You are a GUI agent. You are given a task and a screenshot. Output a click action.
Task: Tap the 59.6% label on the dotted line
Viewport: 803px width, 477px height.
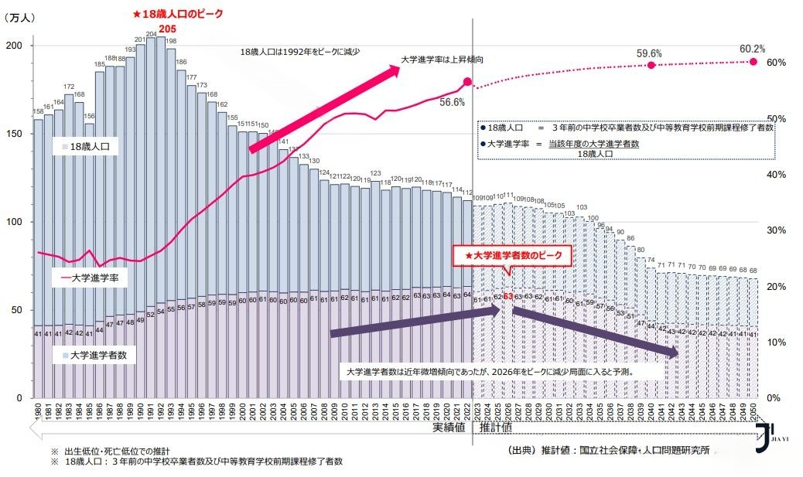click(649, 53)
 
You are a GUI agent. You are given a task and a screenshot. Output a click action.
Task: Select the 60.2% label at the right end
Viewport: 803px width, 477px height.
click(752, 49)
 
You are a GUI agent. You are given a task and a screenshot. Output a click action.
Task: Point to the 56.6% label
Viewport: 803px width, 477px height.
click(452, 101)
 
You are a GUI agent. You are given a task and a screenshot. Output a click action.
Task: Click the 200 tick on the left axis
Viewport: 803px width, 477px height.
click(14, 46)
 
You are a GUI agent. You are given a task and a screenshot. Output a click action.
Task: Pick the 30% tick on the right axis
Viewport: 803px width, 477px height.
click(777, 230)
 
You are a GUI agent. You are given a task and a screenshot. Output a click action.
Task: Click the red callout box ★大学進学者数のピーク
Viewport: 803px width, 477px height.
click(511, 255)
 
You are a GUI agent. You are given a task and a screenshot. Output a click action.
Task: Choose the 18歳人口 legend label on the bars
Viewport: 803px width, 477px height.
click(89, 146)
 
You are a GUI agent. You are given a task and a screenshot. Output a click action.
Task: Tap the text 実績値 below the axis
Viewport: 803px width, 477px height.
click(449, 427)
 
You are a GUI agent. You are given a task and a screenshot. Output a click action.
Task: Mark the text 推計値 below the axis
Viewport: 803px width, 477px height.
click(496, 427)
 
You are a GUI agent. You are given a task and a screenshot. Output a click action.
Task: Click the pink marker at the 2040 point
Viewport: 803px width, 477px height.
click(651, 66)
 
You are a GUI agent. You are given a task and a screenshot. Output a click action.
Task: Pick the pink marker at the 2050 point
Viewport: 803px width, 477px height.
click(753, 61)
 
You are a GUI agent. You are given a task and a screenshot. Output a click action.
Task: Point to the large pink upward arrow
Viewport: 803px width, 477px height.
click(325, 108)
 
